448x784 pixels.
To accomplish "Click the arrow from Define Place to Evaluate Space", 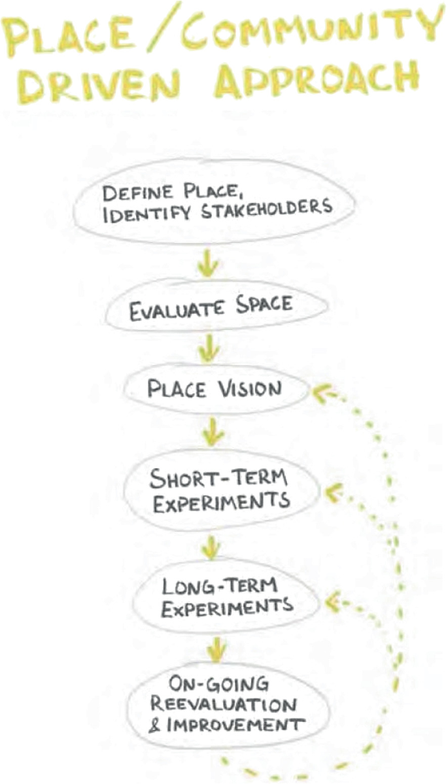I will coord(205,262).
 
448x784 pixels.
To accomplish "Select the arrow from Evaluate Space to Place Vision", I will coord(209,349).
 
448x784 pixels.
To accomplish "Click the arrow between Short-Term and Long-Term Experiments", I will coord(211,547).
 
